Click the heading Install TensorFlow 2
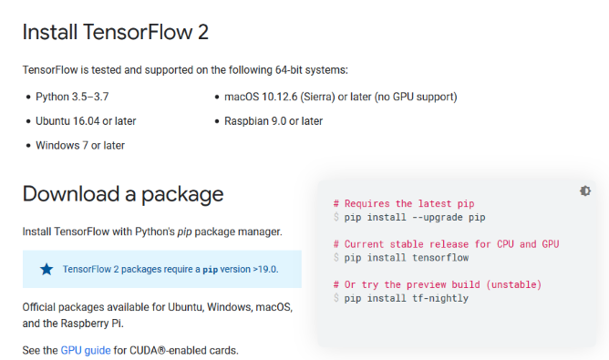(x=116, y=33)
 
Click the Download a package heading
(x=123, y=193)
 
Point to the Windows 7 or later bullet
(x=80, y=145)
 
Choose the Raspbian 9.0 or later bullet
(x=274, y=120)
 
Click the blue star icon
(x=46, y=269)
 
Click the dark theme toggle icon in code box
(x=584, y=190)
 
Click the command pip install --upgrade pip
(x=414, y=217)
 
